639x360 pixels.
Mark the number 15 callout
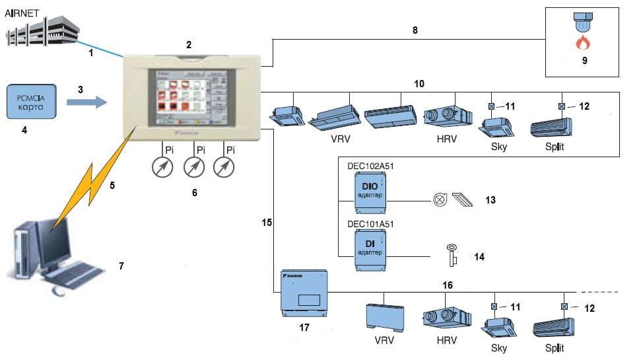click(267, 223)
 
